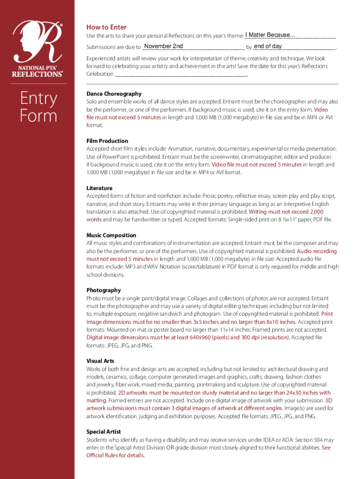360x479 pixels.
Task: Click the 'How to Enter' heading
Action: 106,27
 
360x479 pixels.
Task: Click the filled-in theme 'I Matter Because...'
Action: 270,35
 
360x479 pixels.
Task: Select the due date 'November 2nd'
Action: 164,46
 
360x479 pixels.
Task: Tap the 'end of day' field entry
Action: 267,46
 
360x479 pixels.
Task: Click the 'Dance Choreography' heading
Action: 114,94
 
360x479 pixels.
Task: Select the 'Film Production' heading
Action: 107,141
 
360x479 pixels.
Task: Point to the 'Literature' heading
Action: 99,188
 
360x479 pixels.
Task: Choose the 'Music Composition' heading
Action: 111,235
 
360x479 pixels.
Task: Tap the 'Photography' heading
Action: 103,290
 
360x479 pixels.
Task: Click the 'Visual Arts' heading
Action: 100,361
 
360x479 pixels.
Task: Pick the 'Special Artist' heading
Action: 103,432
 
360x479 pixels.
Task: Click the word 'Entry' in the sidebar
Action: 38,99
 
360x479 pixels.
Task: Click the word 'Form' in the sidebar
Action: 38,116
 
